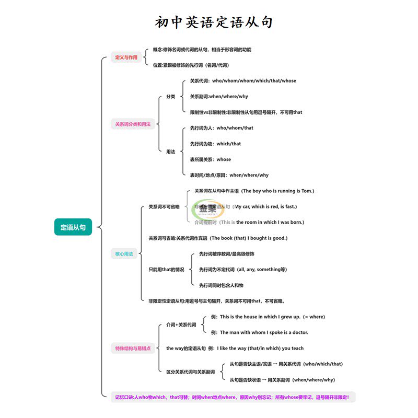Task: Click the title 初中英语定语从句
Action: pyautogui.click(x=214, y=22)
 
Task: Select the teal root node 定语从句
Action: pyautogui.click(x=73, y=227)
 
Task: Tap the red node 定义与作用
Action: pyautogui.click(x=126, y=57)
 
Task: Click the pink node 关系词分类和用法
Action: pyautogui.click(x=133, y=124)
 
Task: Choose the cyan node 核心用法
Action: pyautogui.click(x=124, y=254)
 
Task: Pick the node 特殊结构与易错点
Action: pyautogui.click(x=133, y=348)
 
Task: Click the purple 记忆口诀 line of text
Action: pyautogui.click(x=232, y=397)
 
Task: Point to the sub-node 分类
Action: pyautogui.click(x=170, y=97)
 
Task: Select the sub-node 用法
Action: pyautogui.click(x=170, y=152)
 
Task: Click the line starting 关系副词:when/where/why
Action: pyautogui.click(x=218, y=97)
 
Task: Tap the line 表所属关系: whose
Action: pyautogui.click(x=210, y=159)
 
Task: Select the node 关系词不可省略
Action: pyautogui.click(x=164, y=207)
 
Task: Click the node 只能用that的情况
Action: pyautogui.click(x=166, y=270)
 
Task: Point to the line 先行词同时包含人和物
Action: pyautogui.click(x=221, y=285)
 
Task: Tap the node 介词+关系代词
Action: pyautogui.click(x=181, y=325)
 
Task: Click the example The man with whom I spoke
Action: pyautogui.click(x=259, y=332)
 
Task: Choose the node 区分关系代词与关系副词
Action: pyautogui.click(x=190, y=371)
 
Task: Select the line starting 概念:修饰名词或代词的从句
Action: pyautogui.click(x=202, y=50)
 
